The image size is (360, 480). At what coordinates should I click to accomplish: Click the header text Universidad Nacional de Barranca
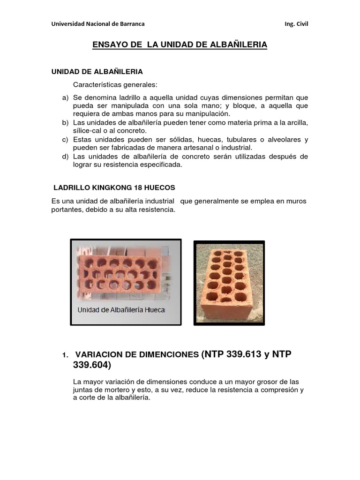click(98, 24)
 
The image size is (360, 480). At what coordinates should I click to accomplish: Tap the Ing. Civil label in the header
click(296, 24)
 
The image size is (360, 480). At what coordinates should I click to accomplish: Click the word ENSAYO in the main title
click(110, 45)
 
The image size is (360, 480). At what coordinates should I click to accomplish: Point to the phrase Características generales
click(115, 85)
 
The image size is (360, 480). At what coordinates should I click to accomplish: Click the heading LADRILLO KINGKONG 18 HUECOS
click(114, 187)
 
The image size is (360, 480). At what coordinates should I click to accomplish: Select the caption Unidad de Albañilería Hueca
click(121, 310)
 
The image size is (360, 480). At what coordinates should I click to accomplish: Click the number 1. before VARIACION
click(65, 355)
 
